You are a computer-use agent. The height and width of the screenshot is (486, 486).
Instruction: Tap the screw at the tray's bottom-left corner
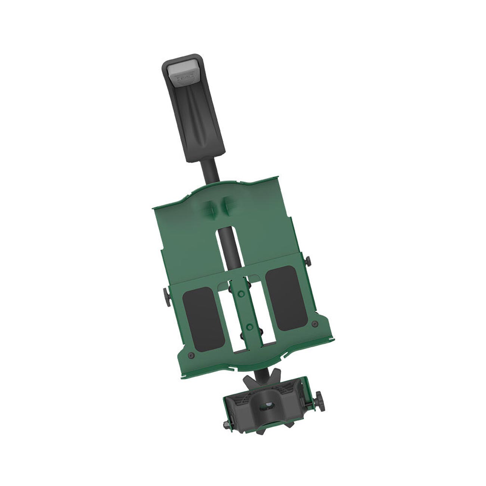click(x=191, y=355)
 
